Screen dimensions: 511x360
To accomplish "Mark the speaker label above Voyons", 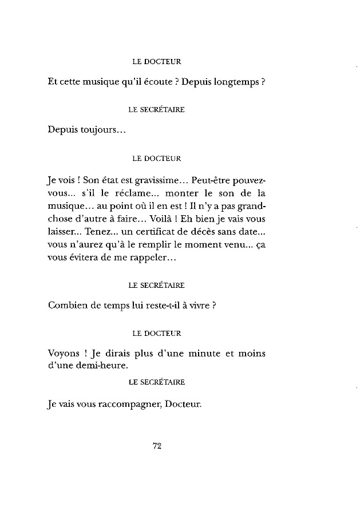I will coord(156,332).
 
